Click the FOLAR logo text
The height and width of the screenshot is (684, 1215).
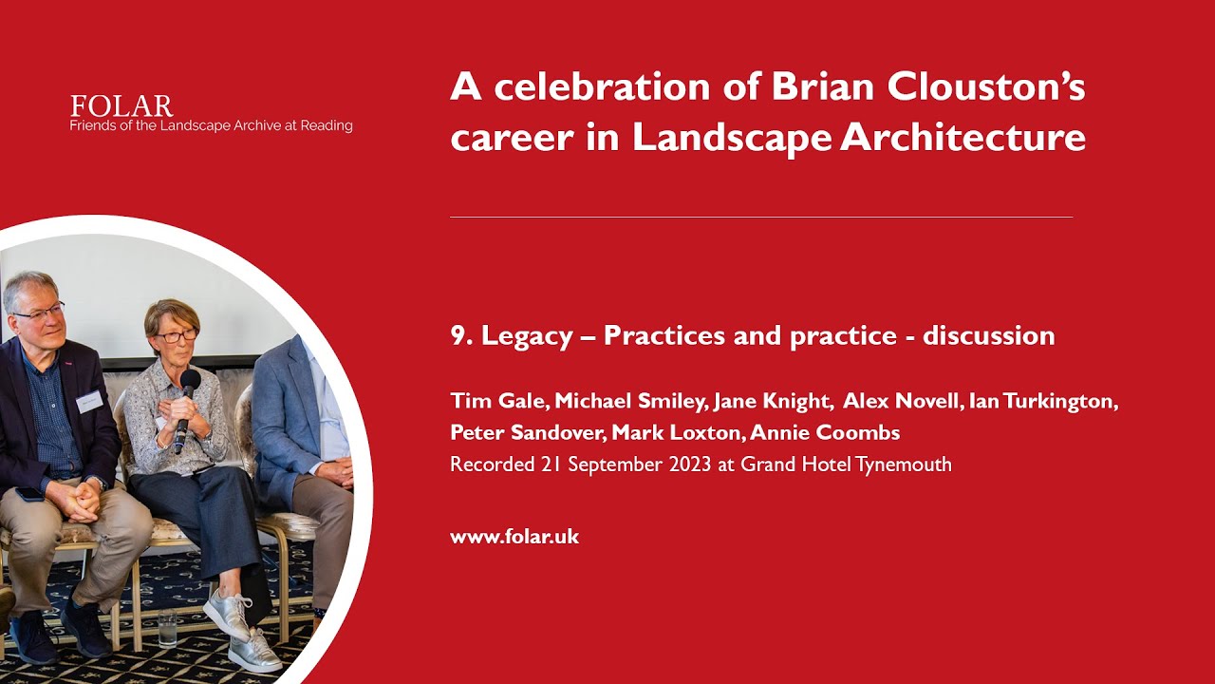tap(121, 105)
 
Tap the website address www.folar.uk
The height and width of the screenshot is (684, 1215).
tap(514, 537)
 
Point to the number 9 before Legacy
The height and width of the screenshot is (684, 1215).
tap(457, 335)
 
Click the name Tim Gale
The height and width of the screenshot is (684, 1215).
tap(496, 401)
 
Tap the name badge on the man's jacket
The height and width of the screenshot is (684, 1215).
tap(88, 401)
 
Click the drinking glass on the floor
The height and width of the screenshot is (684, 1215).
tap(168, 628)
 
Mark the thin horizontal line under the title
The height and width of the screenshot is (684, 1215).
tap(760, 218)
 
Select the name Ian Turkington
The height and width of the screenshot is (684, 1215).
tap(1043, 401)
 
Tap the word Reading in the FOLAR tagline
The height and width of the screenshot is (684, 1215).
tap(327, 125)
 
